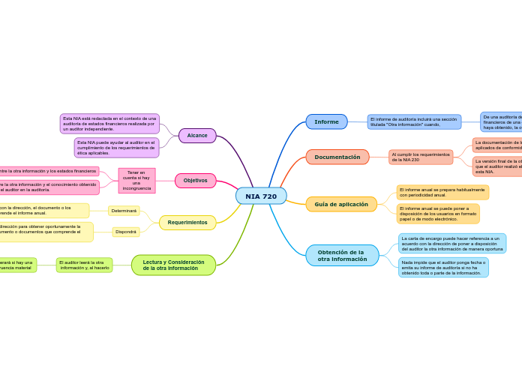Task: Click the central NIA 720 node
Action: click(x=261, y=196)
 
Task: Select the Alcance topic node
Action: click(x=197, y=136)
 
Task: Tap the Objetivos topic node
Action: click(x=195, y=181)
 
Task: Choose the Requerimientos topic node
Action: click(x=187, y=223)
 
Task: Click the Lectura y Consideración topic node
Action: click(x=173, y=265)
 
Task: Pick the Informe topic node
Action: click(x=326, y=121)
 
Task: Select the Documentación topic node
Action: click(x=337, y=157)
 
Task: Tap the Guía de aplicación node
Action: click(x=341, y=204)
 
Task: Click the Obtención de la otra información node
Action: click(x=342, y=256)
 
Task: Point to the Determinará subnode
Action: click(x=124, y=211)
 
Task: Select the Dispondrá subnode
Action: click(x=126, y=232)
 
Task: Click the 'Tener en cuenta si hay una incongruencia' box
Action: click(x=136, y=180)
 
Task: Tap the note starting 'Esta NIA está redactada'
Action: click(x=109, y=124)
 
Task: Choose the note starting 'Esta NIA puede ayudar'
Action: click(x=116, y=147)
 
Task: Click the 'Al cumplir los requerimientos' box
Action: click(x=421, y=157)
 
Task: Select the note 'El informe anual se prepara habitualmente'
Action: click(x=442, y=193)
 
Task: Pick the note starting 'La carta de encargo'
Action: click(x=452, y=243)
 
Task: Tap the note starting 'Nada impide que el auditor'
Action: click(x=443, y=268)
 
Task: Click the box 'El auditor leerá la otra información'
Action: click(x=84, y=265)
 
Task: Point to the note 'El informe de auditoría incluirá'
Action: click(x=414, y=121)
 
